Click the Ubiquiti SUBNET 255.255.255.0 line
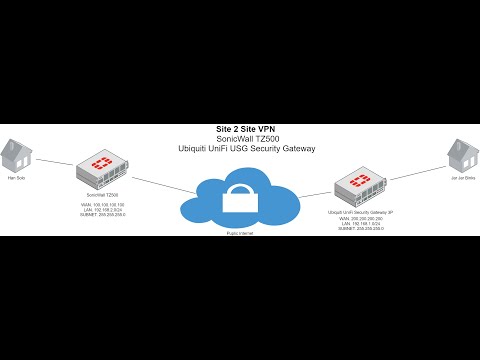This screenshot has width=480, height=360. click(x=362, y=230)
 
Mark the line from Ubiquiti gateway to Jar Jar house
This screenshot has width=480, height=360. click(x=413, y=173)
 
